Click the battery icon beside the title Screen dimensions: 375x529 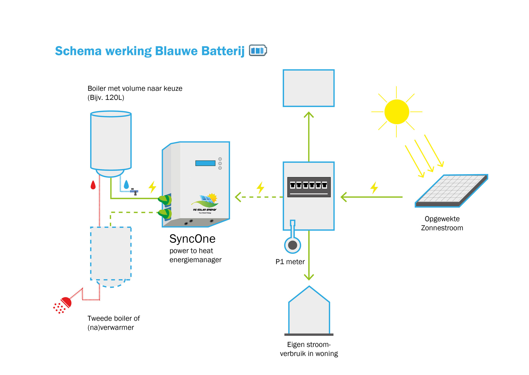(x=258, y=50)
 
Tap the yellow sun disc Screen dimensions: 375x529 (x=396, y=112)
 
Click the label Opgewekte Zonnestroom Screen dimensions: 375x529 (x=442, y=223)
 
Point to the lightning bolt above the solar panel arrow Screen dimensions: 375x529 (x=374, y=188)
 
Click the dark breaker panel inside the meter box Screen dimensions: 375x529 (x=309, y=187)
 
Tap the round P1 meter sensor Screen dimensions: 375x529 (x=293, y=245)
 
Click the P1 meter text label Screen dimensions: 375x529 (x=290, y=262)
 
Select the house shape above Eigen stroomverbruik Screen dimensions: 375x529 (x=309, y=312)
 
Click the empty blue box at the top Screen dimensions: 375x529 (x=309, y=88)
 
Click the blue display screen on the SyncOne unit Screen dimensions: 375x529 (x=205, y=163)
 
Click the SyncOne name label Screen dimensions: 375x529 (x=192, y=239)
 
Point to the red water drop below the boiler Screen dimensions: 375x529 (x=93, y=185)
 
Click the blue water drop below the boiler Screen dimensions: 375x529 (x=126, y=185)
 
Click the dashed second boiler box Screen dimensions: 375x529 (x=111, y=254)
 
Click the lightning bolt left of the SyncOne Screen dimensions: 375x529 (x=152, y=187)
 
